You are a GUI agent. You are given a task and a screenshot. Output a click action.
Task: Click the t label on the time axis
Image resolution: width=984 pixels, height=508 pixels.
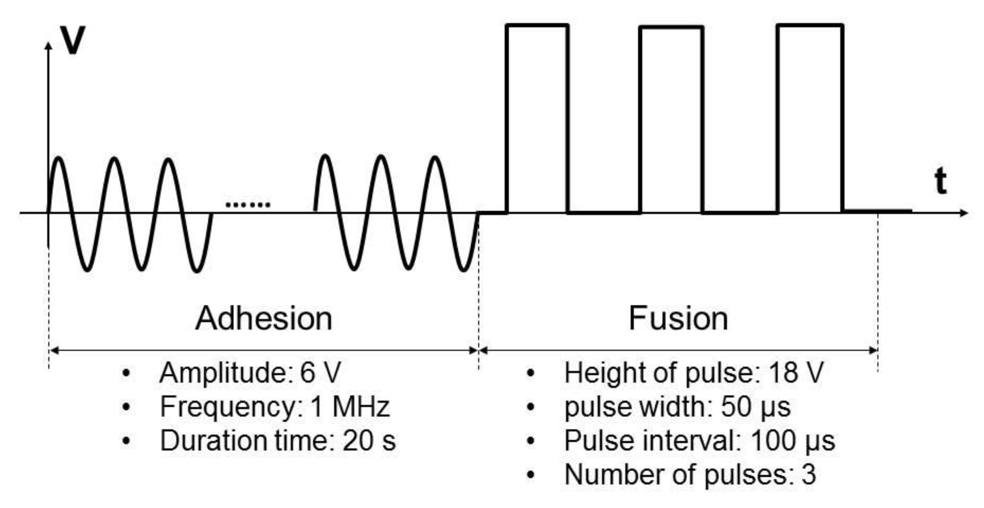pyautogui.click(x=940, y=181)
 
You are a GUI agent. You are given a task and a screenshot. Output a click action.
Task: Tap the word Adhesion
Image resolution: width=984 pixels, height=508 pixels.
pyautogui.click(x=264, y=318)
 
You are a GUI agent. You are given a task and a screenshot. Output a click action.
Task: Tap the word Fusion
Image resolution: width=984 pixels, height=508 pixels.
pyautogui.click(x=678, y=318)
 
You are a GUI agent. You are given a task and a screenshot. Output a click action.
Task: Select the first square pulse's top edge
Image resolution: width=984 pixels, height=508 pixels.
pyautogui.click(x=537, y=25)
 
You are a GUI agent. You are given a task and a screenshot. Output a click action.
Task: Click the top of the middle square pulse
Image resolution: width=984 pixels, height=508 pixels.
pyautogui.click(x=671, y=28)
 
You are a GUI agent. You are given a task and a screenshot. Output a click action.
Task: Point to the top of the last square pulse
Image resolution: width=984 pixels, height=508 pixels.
pyautogui.click(x=810, y=25)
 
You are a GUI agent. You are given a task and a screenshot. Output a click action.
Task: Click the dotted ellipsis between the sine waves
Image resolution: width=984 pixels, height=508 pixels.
pyautogui.click(x=247, y=205)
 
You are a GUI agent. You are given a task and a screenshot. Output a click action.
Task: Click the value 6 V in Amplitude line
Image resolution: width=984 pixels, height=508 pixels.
pyautogui.click(x=320, y=373)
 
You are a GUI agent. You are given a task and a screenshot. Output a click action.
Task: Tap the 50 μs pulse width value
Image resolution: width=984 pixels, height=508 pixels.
pyautogui.click(x=756, y=407)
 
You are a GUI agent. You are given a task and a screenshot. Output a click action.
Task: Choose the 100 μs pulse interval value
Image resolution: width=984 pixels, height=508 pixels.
pyautogui.click(x=792, y=441)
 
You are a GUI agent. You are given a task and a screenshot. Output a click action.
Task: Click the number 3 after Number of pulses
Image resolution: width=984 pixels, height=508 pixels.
pyautogui.click(x=808, y=475)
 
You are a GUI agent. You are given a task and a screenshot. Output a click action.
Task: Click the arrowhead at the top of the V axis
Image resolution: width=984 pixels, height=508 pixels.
pyautogui.click(x=48, y=45)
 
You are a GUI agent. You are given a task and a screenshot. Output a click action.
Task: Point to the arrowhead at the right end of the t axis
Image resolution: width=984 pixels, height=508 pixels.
pyautogui.click(x=964, y=212)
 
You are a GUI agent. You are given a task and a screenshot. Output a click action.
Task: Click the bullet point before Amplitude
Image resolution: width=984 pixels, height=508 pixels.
pyautogui.click(x=126, y=374)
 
